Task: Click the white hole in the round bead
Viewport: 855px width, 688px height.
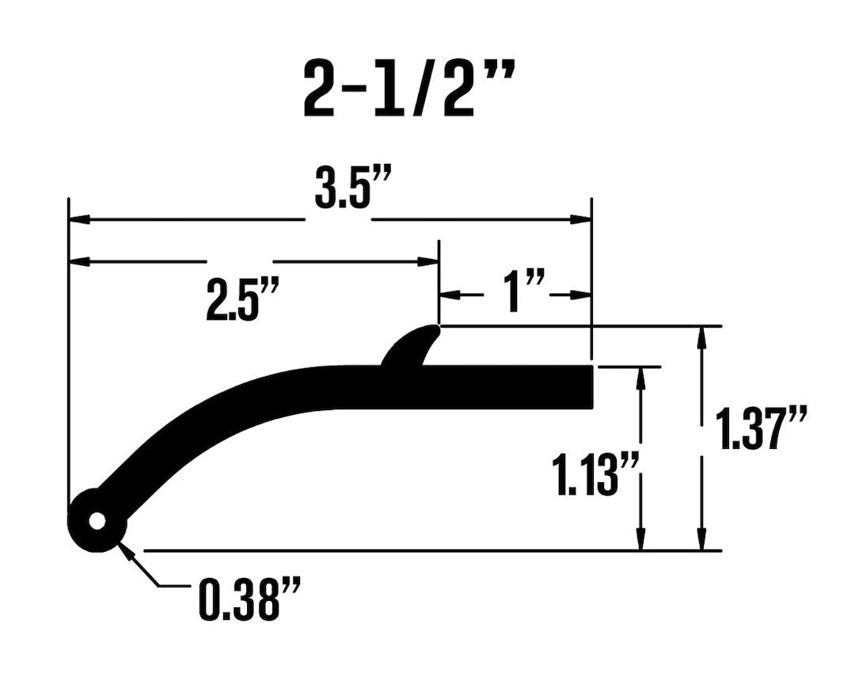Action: click(97, 522)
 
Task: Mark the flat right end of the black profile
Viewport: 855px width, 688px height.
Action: click(589, 387)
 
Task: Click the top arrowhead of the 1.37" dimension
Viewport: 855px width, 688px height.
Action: click(700, 337)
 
